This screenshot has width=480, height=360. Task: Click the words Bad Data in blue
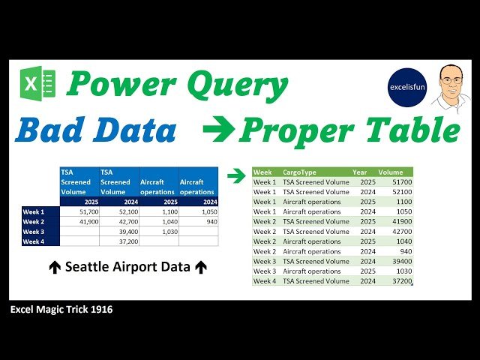pos(96,130)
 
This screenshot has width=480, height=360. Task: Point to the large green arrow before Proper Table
pos(219,131)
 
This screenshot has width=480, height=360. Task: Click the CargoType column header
pos(299,172)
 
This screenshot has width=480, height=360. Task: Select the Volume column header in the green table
pos(391,172)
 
